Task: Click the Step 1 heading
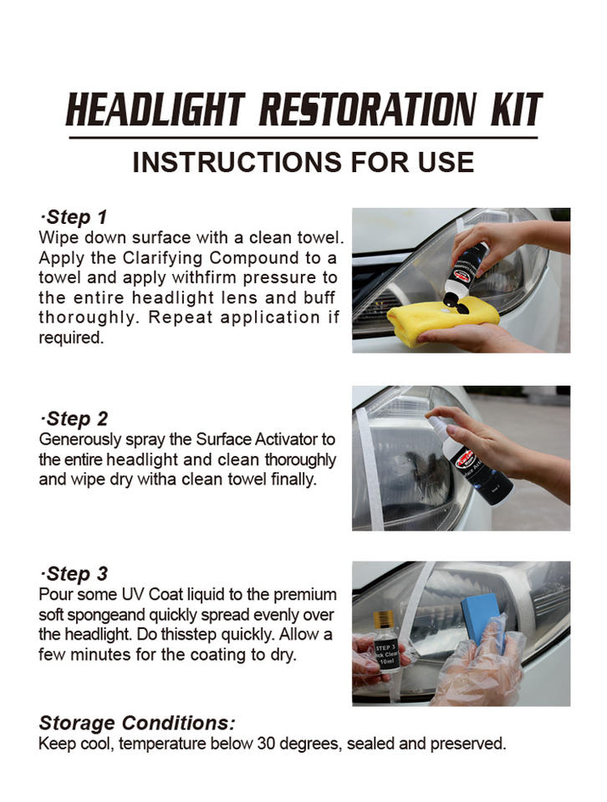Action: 74,217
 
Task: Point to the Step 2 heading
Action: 74,419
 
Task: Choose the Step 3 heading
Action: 74,573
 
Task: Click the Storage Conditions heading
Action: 137,723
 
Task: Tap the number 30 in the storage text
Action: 266,744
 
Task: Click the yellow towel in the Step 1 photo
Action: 442,321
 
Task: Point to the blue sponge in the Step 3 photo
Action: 481,618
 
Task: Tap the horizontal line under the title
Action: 303,138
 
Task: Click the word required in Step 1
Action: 71,338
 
